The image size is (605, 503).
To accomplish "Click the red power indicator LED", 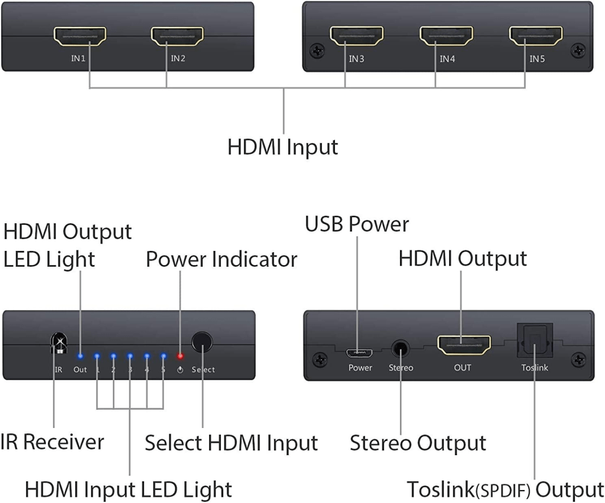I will (x=180, y=357).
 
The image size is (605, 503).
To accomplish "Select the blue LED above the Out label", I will (x=80, y=357).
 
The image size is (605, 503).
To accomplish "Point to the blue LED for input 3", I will (x=130, y=357).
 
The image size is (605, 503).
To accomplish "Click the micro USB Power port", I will (x=359, y=353).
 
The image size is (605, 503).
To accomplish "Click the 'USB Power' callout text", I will (x=357, y=224).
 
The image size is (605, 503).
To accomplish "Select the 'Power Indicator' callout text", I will (x=221, y=259).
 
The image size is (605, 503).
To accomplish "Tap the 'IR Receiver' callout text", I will (x=52, y=442).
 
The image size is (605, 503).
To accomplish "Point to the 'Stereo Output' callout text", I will (x=418, y=443).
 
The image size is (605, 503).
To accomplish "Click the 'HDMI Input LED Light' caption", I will (x=128, y=489).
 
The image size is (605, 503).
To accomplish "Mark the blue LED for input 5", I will (x=163, y=357).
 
